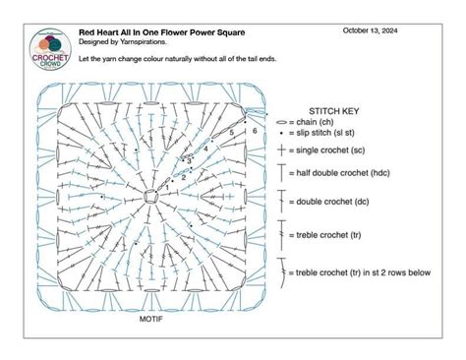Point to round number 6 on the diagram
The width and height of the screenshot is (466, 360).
[x=255, y=130]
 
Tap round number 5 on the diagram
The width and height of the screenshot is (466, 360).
[x=230, y=131]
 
